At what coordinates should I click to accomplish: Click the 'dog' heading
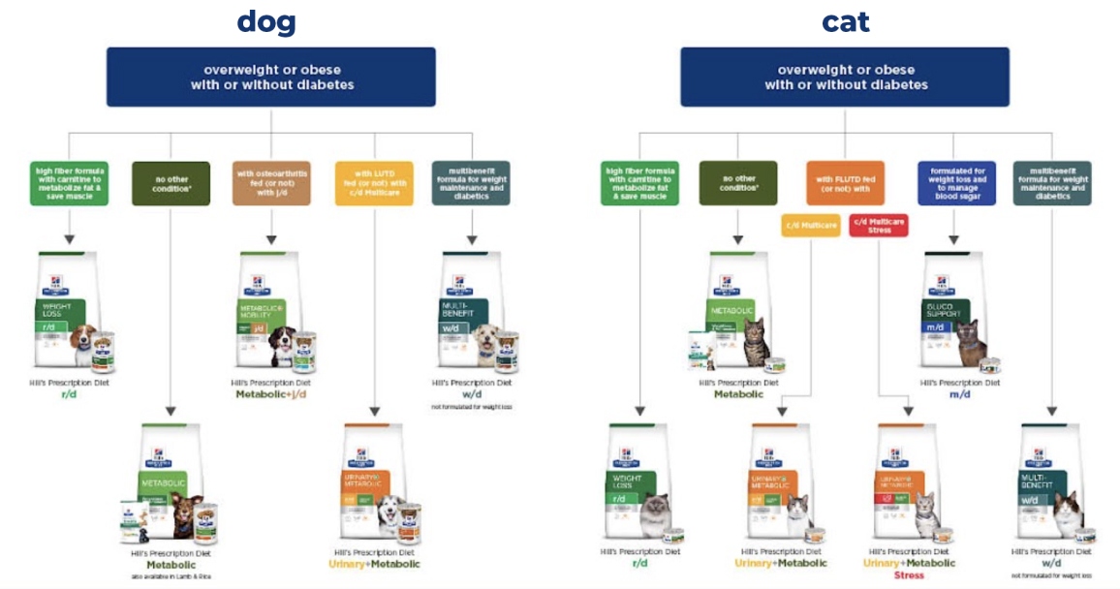click(x=266, y=21)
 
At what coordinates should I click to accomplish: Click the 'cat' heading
click(x=845, y=21)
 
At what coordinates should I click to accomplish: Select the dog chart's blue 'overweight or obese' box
click(x=271, y=77)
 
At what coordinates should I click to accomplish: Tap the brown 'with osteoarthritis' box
click(x=271, y=182)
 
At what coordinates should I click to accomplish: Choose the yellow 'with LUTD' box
click(x=373, y=182)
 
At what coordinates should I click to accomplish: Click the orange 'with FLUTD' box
click(x=845, y=182)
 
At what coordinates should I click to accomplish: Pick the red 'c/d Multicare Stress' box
click(x=879, y=226)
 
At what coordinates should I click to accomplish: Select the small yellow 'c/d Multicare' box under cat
click(x=810, y=226)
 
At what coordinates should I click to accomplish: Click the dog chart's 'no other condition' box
click(x=171, y=182)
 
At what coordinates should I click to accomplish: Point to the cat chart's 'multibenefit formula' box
click(x=1052, y=182)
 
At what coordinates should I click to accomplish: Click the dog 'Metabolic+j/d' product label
click(x=271, y=393)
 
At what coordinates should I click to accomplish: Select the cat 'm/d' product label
click(x=959, y=393)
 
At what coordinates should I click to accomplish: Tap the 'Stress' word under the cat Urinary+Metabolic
click(x=910, y=574)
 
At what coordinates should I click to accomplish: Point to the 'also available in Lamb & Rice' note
click(x=171, y=576)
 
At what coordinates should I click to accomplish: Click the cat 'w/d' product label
click(x=1051, y=564)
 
